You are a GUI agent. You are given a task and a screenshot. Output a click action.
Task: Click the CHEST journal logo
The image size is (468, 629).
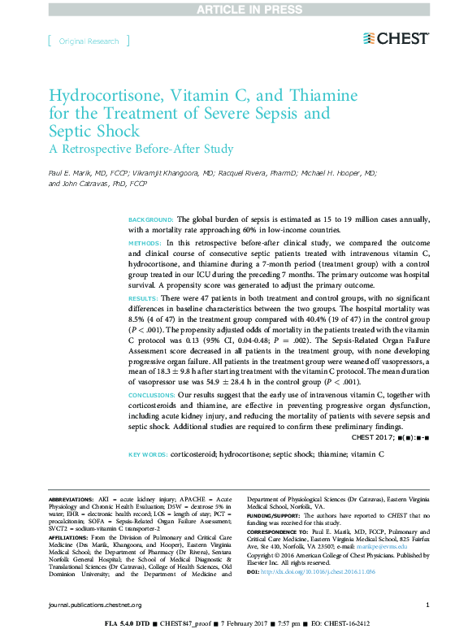point(396,38)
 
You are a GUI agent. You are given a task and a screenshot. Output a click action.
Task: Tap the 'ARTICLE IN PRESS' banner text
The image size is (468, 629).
point(234,9)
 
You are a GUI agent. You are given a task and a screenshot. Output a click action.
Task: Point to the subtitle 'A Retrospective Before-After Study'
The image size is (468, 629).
point(141,149)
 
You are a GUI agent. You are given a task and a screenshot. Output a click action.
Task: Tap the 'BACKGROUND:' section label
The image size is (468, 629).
point(151,219)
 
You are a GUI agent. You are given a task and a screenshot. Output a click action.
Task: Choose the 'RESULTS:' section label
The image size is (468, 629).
point(144,300)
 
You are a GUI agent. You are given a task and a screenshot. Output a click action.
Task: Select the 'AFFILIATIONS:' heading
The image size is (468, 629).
point(70,537)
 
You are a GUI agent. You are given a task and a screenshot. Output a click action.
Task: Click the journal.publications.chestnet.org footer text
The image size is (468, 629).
point(95,605)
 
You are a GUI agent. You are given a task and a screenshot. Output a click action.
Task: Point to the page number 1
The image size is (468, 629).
point(428,605)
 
